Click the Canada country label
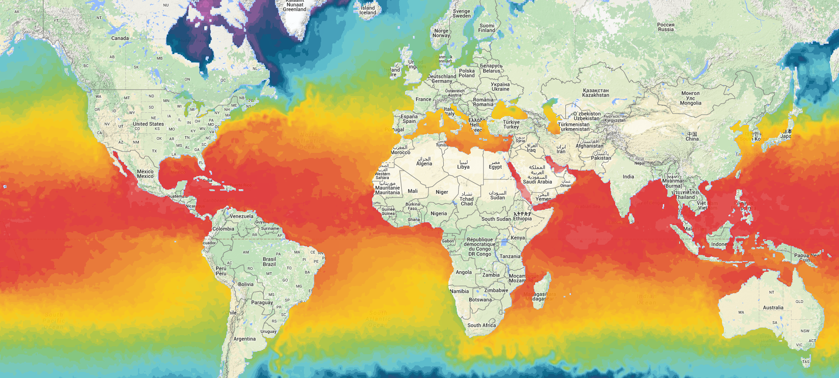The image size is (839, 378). click(x=120, y=38)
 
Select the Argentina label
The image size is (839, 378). click(x=244, y=339)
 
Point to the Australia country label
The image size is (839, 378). click(x=773, y=308)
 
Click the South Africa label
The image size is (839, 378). click(x=481, y=325)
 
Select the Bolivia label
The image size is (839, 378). click(x=246, y=284)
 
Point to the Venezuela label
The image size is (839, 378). click(x=241, y=216)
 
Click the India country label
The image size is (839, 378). click(x=628, y=177)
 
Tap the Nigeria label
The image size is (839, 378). click(x=439, y=213)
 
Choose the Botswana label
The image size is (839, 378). click(x=480, y=300)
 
